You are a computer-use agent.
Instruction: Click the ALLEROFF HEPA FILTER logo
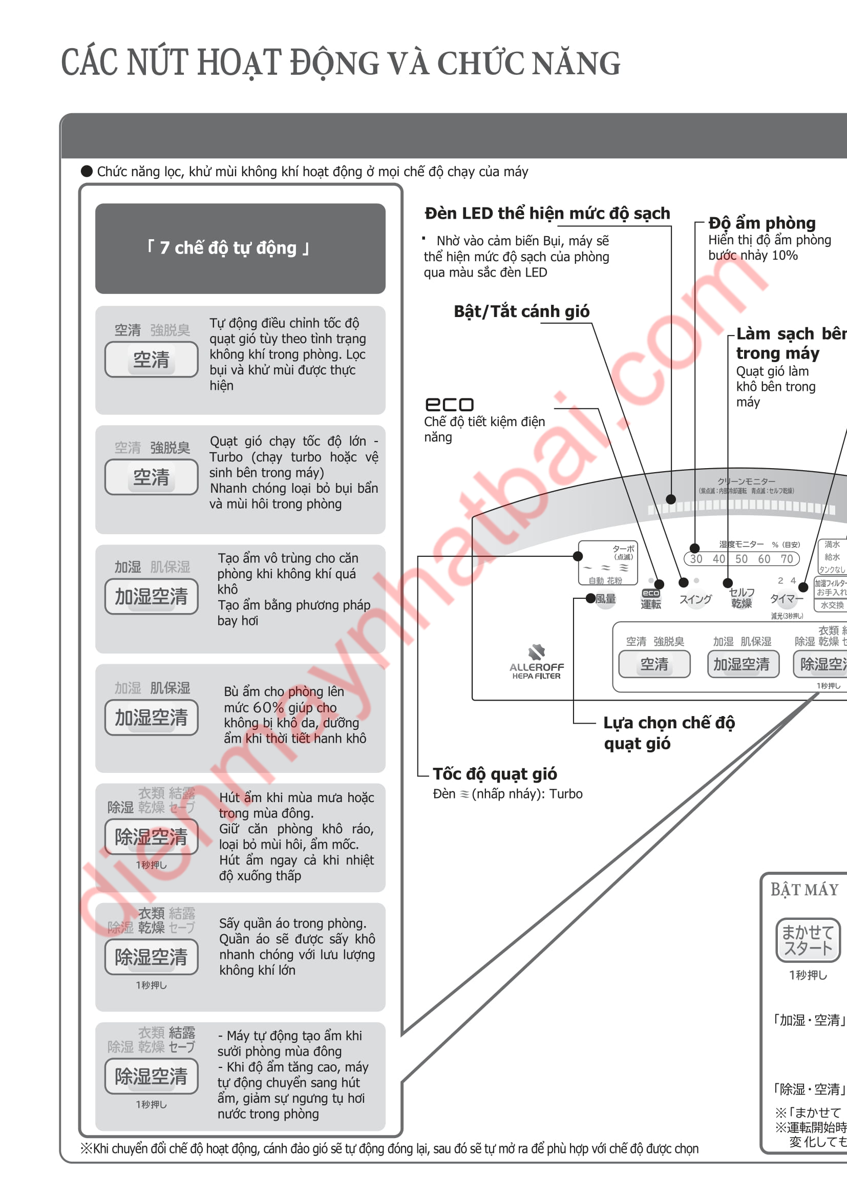pyautogui.click(x=537, y=662)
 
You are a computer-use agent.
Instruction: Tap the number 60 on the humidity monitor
pyautogui.click(x=764, y=559)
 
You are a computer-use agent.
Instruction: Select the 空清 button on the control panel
pyautogui.click(x=654, y=664)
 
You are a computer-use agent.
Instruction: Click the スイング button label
pyautogui.click(x=695, y=599)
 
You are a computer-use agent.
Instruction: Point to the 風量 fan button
pyautogui.click(x=605, y=599)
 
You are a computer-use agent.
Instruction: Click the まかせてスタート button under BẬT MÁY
pyautogui.click(x=808, y=940)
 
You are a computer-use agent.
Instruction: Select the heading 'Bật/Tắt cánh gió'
pyautogui.click(x=521, y=311)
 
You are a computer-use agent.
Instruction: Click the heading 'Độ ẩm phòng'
pyautogui.click(x=761, y=223)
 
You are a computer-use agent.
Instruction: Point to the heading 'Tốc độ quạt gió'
pyautogui.click(x=495, y=774)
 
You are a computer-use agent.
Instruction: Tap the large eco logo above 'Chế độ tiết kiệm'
pyautogui.click(x=450, y=405)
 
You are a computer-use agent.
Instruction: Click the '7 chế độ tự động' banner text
pyautogui.click(x=228, y=248)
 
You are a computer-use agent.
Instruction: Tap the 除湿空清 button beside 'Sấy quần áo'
pyautogui.click(x=151, y=957)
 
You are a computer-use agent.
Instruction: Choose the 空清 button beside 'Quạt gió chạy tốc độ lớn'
pyautogui.click(x=151, y=477)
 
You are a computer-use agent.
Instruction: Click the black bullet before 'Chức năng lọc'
pyautogui.click(x=87, y=171)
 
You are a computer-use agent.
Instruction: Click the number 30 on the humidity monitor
pyautogui.click(x=696, y=559)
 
